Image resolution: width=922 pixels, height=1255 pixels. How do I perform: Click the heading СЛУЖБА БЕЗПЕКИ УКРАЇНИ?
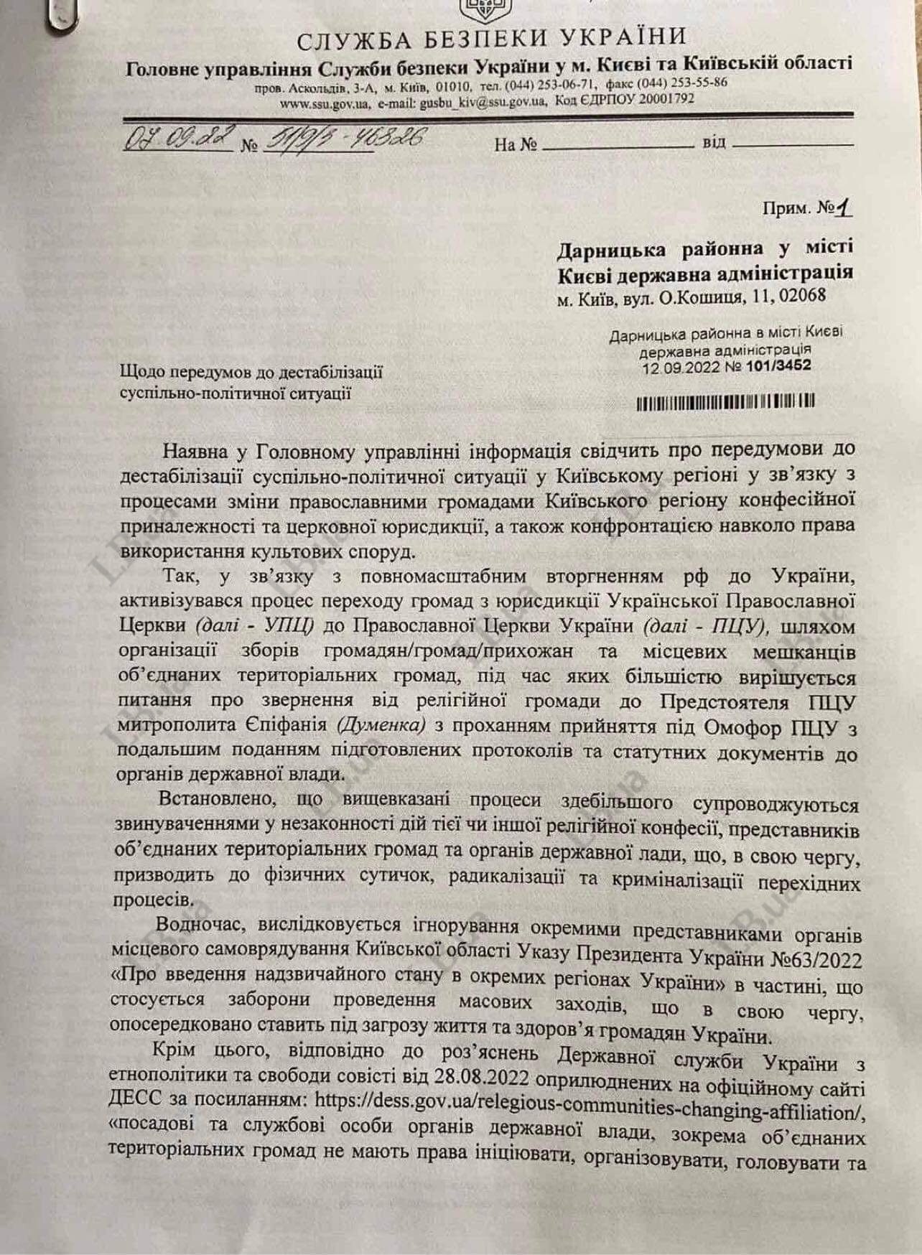(x=491, y=37)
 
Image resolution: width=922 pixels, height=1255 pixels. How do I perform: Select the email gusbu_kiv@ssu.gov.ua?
(x=466, y=102)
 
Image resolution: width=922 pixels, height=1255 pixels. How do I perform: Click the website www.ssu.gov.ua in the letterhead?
(x=325, y=104)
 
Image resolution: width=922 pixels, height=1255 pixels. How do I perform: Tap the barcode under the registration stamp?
(x=725, y=403)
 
